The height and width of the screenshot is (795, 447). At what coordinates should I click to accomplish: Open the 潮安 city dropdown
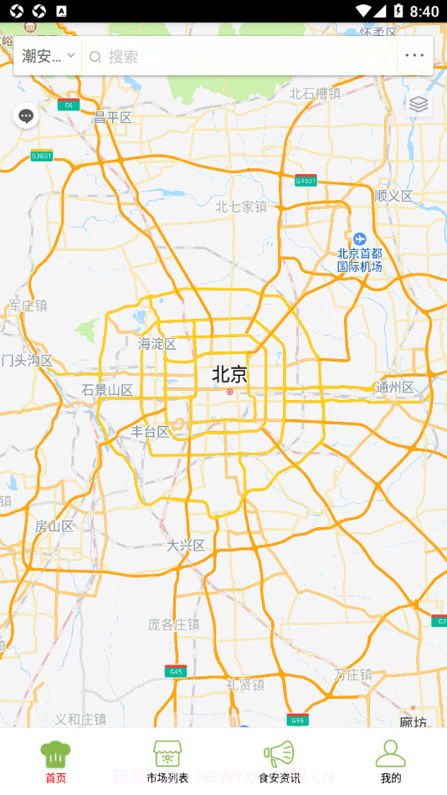click(48, 56)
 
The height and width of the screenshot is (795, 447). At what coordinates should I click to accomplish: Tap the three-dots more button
click(414, 56)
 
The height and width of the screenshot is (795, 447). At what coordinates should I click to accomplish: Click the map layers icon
click(419, 104)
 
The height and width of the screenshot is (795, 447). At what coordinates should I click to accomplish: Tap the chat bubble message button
click(26, 116)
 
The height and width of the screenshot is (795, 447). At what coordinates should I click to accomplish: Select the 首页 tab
click(55, 761)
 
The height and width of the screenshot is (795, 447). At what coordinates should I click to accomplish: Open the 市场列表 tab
click(167, 761)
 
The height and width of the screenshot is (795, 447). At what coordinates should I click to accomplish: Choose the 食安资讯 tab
click(279, 761)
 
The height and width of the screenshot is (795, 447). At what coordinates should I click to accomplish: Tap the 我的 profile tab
click(390, 761)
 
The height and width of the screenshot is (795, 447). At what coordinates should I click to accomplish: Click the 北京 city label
click(229, 374)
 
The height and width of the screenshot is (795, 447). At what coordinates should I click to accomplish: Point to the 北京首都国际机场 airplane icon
click(359, 239)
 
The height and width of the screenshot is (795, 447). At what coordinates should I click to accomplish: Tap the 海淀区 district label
click(157, 344)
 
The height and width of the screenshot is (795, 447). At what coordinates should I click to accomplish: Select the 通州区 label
click(395, 387)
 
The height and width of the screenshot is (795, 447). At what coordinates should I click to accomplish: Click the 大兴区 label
click(186, 546)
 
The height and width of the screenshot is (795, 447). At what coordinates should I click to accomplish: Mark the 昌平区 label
click(113, 118)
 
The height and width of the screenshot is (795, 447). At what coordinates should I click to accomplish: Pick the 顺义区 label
click(394, 196)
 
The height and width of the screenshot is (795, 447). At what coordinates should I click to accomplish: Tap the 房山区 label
click(54, 526)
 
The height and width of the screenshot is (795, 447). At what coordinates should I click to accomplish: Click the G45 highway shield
click(175, 671)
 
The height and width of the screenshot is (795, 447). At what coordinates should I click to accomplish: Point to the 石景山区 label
click(107, 390)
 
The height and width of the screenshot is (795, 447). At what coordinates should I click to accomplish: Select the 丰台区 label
click(151, 432)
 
